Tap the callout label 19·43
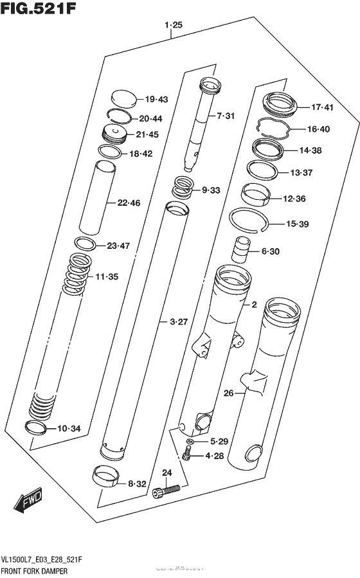click(x=156, y=99)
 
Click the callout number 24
click(x=167, y=473)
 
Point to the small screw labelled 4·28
click(x=189, y=456)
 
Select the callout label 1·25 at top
click(x=174, y=26)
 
